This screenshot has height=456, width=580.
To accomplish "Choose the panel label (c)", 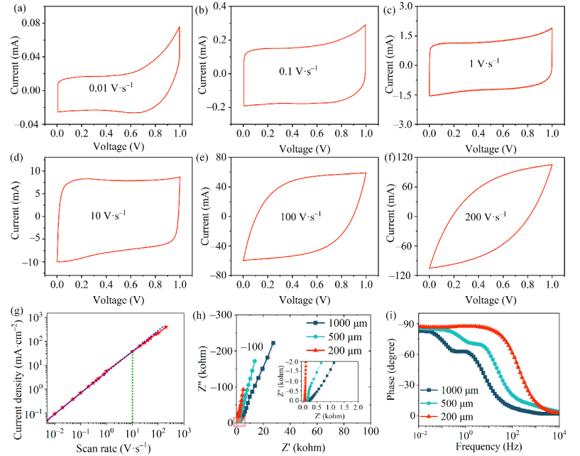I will pos(393,9).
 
